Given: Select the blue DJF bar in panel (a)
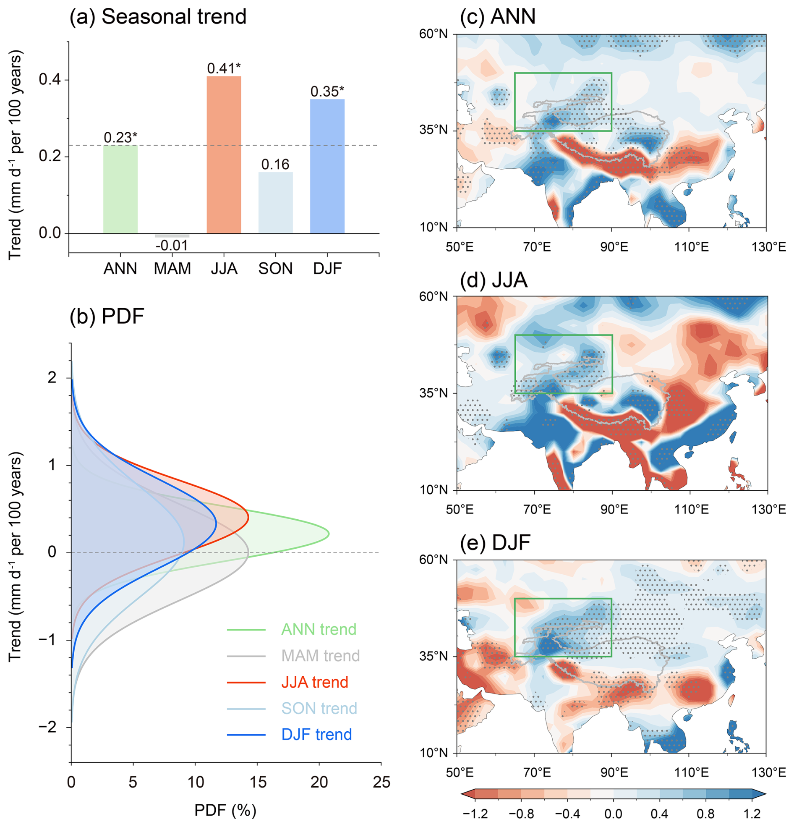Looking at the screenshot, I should pyautogui.click(x=327, y=166).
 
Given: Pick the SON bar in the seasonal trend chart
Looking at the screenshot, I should pyautogui.click(x=275, y=202).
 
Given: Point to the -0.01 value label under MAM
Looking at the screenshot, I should pyautogui.click(x=172, y=245).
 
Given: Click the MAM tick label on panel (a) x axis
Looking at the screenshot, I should pyautogui.click(x=172, y=268).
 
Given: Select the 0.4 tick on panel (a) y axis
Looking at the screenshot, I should pyautogui.click(x=50, y=80).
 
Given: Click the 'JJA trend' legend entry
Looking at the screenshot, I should pyautogui.click(x=314, y=682).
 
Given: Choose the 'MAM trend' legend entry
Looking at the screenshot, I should pyautogui.click(x=320, y=656).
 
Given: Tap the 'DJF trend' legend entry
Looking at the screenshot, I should pyautogui.click(x=316, y=735).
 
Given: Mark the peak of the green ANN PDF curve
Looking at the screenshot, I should pyautogui.click(x=329, y=534).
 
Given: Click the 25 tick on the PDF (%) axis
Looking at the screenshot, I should pyautogui.click(x=381, y=782).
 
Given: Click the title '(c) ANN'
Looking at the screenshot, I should pyautogui.click(x=497, y=17).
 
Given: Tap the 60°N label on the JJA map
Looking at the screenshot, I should pyautogui.click(x=433, y=297).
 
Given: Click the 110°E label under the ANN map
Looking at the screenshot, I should pyautogui.click(x=691, y=247).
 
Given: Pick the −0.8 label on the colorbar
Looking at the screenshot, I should pyautogui.click(x=522, y=814).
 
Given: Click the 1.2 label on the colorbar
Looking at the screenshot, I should pyautogui.click(x=752, y=814).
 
